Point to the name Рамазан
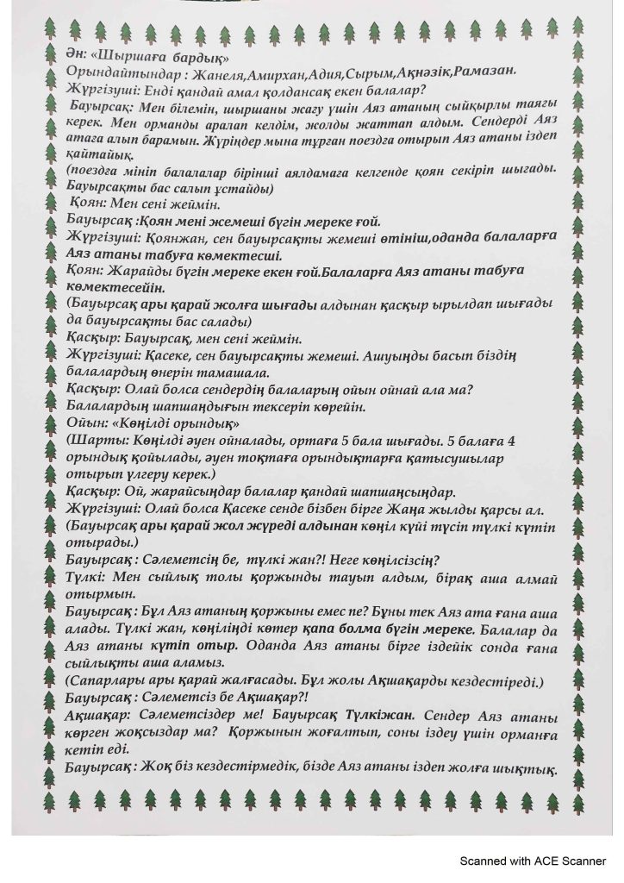pos(484,73)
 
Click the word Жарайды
pos(139,272)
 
